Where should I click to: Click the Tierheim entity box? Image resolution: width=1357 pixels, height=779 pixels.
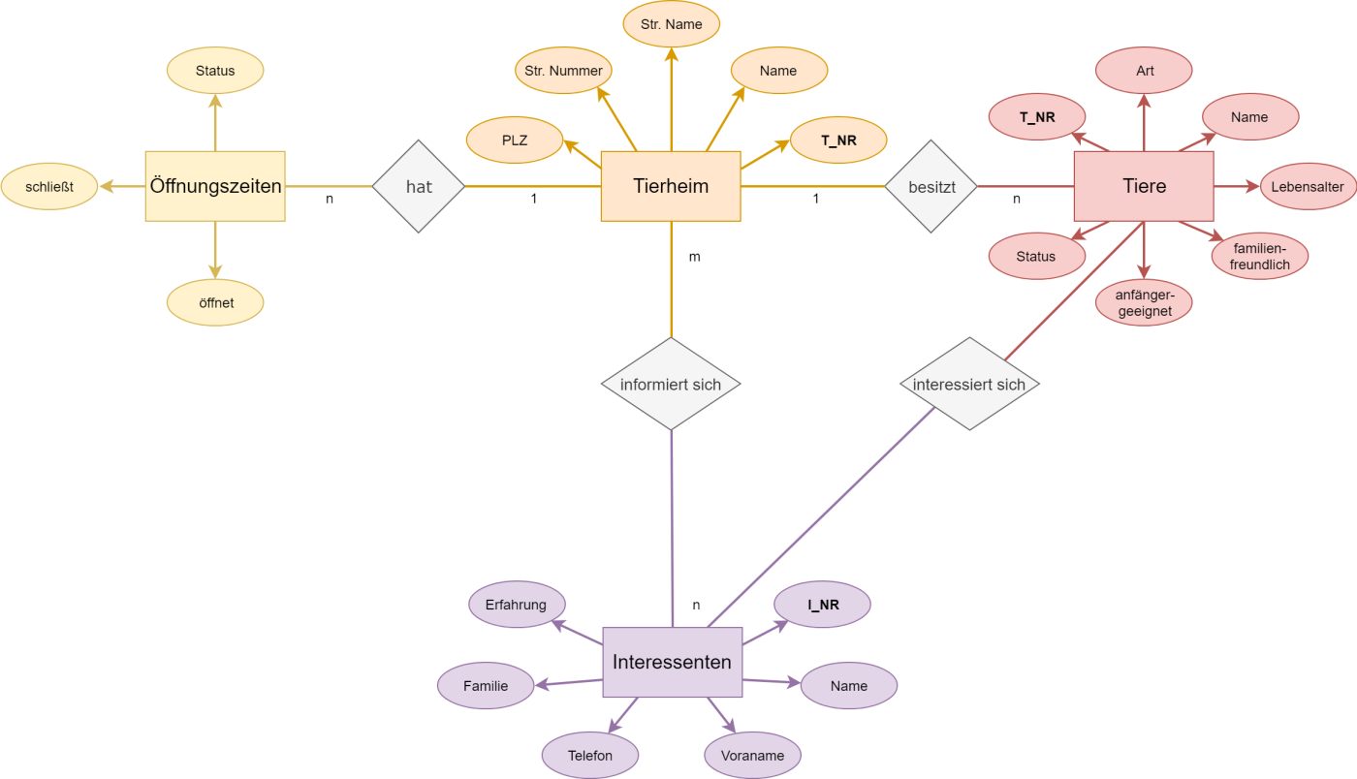[671, 186]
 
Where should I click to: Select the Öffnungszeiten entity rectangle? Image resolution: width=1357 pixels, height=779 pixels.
[215, 186]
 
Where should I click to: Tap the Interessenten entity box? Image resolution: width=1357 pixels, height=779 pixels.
[673, 662]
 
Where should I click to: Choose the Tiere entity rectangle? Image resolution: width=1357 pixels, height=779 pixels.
[1144, 186]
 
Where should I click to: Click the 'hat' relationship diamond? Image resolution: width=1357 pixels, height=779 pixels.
[418, 187]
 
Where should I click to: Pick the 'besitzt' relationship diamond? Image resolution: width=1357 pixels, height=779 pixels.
[931, 187]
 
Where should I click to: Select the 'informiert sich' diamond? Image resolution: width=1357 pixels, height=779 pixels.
[671, 384]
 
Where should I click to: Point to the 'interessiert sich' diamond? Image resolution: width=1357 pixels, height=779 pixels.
[969, 384]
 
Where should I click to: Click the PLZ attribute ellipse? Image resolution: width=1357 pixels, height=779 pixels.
[515, 140]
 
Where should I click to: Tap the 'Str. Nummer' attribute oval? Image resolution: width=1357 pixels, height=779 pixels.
[563, 71]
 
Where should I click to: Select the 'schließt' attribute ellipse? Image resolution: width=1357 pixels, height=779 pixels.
[49, 187]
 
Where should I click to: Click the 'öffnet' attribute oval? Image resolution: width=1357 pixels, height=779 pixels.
[215, 302]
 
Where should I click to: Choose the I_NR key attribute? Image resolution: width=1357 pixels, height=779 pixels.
[822, 605]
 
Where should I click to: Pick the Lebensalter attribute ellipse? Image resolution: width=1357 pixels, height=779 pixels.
[1309, 187]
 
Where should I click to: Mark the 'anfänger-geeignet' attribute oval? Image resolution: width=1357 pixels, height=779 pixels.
[1144, 302]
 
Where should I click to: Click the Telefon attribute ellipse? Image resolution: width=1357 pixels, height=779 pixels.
[590, 756]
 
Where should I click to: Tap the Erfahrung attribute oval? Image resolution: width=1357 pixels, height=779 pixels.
[517, 605]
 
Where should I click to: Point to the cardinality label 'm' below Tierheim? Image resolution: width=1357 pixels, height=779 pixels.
[694, 257]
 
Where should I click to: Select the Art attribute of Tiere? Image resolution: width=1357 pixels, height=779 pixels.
[1144, 71]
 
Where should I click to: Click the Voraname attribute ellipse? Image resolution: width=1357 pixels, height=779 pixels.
[752, 756]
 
